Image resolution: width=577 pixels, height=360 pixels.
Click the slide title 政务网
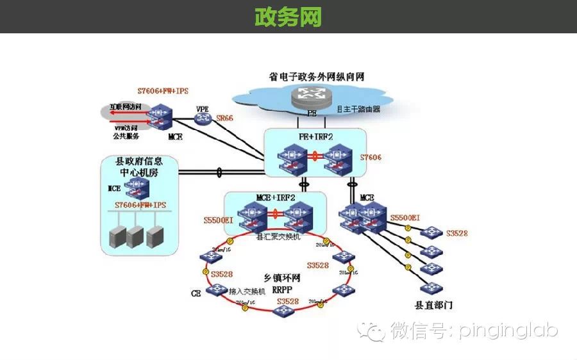pos(288,17)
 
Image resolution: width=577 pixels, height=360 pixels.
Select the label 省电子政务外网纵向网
pos(317,76)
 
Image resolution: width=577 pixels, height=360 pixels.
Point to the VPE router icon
pos(203,119)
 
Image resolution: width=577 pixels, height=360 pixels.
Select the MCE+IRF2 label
pos(276,197)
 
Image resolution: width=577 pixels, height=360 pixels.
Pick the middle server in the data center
pos(135,236)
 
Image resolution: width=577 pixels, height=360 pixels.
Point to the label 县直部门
pos(434,305)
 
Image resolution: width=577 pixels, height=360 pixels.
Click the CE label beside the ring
pos(196,293)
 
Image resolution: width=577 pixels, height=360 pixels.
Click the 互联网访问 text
pos(125,107)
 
